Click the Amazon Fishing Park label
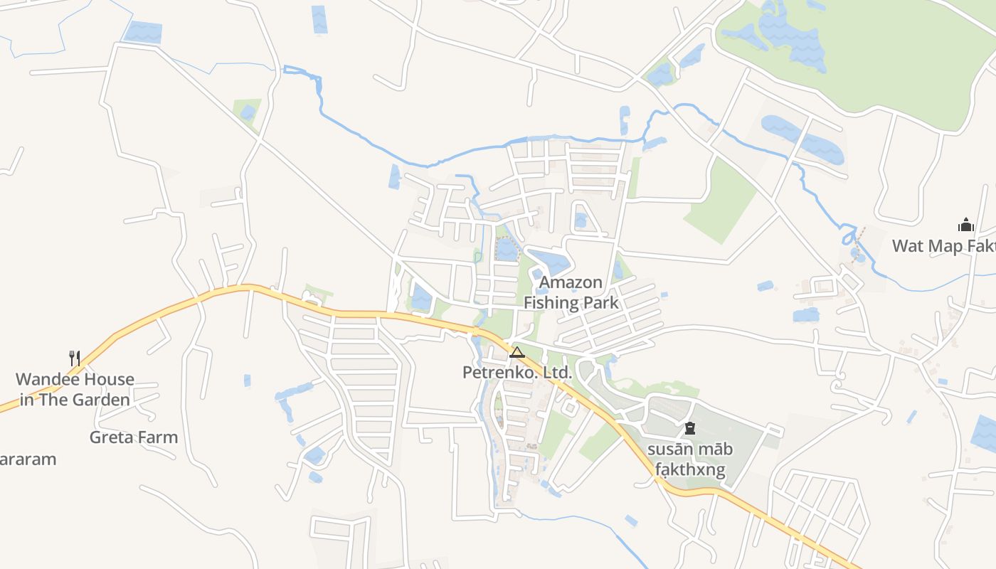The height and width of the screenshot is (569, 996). click(571, 292)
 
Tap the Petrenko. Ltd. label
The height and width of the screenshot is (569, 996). click(516, 372)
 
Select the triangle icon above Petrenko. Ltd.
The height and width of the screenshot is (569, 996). click(516, 352)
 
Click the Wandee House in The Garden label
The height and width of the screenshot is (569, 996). click(75, 389)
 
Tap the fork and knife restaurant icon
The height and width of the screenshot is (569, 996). click(75, 358)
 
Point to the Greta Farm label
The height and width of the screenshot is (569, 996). click(134, 437)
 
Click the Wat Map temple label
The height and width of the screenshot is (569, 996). click(943, 246)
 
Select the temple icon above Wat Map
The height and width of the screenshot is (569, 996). click(965, 225)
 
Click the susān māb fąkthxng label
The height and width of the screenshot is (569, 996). click(689, 459)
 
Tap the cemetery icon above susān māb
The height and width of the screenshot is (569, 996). click(689, 428)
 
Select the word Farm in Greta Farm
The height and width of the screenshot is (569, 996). click(159, 437)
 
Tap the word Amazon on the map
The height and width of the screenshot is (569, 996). click(571, 282)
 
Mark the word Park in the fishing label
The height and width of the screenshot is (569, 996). click(602, 303)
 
